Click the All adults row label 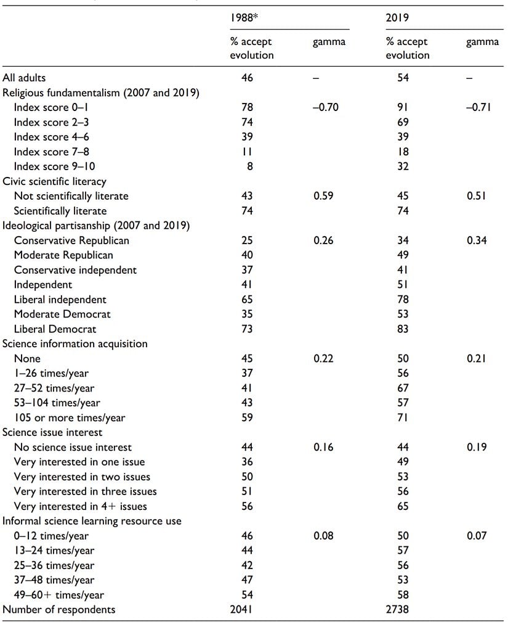coord(24,78)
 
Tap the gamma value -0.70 coord(326,107)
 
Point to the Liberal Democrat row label coord(55,329)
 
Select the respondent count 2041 coord(248,609)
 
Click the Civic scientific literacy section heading coord(55,181)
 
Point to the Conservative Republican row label coord(71,240)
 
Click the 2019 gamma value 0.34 coord(476,240)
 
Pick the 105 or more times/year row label coord(70,417)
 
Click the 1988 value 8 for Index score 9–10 coord(248,166)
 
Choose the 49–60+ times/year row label coord(59,595)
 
